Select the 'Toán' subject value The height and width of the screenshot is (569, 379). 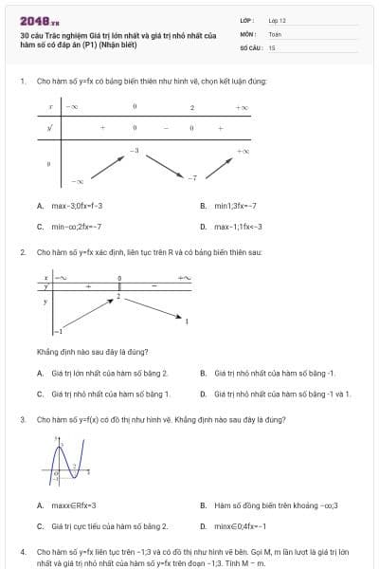[x=275, y=33]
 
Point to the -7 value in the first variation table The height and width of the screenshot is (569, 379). [x=191, y=177]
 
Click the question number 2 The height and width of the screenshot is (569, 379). [x=22, y=251]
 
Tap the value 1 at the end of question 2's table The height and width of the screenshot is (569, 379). [x=186, y=323]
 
